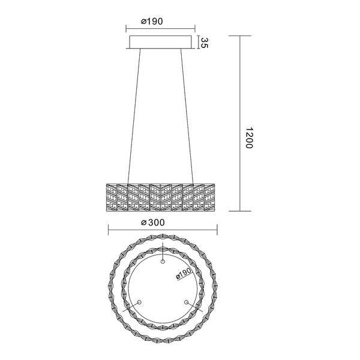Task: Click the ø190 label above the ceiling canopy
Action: point(152,20)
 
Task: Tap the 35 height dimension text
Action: point(204,43)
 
